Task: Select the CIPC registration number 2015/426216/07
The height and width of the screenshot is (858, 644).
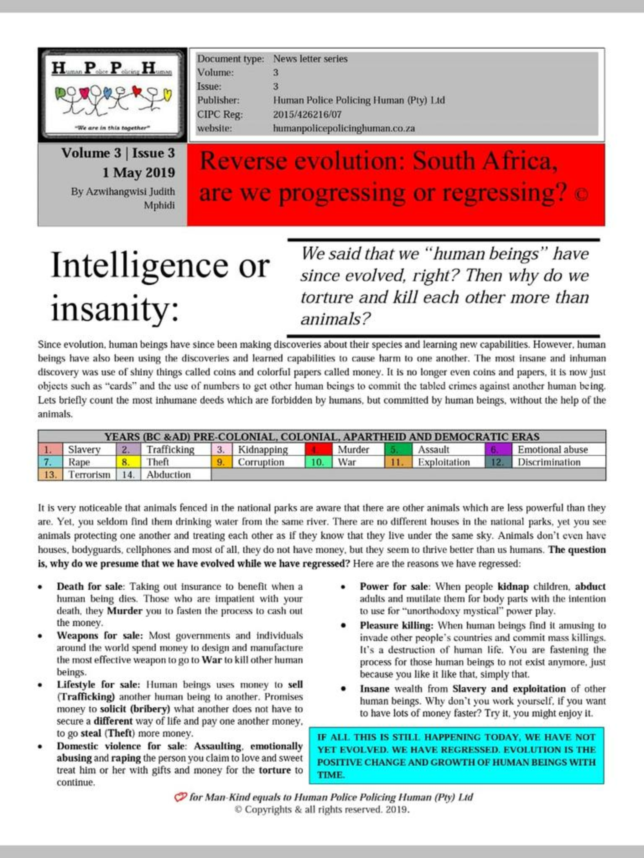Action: pyautogui.click(x=307, y=114)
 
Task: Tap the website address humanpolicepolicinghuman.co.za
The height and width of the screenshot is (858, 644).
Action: pyautogui.click(x=344, y=128)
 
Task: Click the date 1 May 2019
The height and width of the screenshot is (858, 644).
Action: pyautogui.click(x=138, y=173)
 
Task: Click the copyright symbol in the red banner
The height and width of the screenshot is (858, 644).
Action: pyautogui.click(x=581, y=195)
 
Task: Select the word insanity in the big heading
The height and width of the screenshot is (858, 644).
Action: pyautogui.click(x=114, y=309)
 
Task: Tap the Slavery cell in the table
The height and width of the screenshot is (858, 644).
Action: pyautogui.click(x=84, y=450)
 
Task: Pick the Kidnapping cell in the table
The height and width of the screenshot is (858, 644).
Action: pyautogui.click(x=263, y=450)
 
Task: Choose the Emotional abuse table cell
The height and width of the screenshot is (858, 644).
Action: pyautogui.click(x=553, y=450)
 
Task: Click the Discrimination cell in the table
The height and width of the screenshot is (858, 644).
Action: pyautogui.click(x=549, y=462)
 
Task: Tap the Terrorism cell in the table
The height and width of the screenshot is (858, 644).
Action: pyautogui.click(x=89, y=475)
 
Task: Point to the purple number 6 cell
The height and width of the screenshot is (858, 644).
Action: pyautogui.click(x=498, y=450)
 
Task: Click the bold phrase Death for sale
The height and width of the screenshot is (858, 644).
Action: pyautogui.click(x=90, y=587)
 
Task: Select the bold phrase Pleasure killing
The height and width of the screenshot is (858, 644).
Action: pyautogui.click(x=396, y=625)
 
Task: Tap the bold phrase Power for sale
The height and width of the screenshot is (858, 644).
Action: pyautogui.click(x=393, y=587)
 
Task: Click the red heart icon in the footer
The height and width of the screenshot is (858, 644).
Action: pyautogui.click(x=180, y=797)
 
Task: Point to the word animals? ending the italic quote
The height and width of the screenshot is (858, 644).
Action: pyautogui.click(x=335, y=319)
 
